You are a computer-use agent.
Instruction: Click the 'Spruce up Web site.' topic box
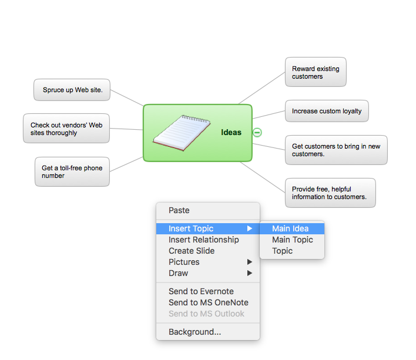click(72, 90)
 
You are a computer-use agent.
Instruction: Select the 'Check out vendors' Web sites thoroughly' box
click(66, 129)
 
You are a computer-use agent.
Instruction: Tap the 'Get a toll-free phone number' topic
click(72, 172)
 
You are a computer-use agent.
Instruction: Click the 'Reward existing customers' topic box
click(316, 72)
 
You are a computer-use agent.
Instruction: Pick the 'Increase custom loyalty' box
click(327, 111)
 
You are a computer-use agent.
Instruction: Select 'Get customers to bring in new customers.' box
click(336, 150)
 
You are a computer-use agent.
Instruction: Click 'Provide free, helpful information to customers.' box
click(330, 193)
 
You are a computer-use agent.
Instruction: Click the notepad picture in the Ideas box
click(182, 133)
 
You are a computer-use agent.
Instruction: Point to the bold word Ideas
click(231, 132)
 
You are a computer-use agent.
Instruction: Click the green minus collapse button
click(257, 132)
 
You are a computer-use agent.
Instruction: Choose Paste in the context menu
click(179, 210)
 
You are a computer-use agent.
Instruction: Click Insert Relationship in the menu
click(204, 240)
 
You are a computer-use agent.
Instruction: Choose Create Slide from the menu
click(192, 251)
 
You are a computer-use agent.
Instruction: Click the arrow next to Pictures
click(250, 262)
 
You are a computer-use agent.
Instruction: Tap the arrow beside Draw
click(250, 273)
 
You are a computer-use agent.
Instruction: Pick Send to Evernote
click(201, 291)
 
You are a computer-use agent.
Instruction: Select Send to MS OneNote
click(209, 302)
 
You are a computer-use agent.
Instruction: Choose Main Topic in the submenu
click(293, 240)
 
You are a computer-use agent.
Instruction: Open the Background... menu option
click(194, 332)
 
